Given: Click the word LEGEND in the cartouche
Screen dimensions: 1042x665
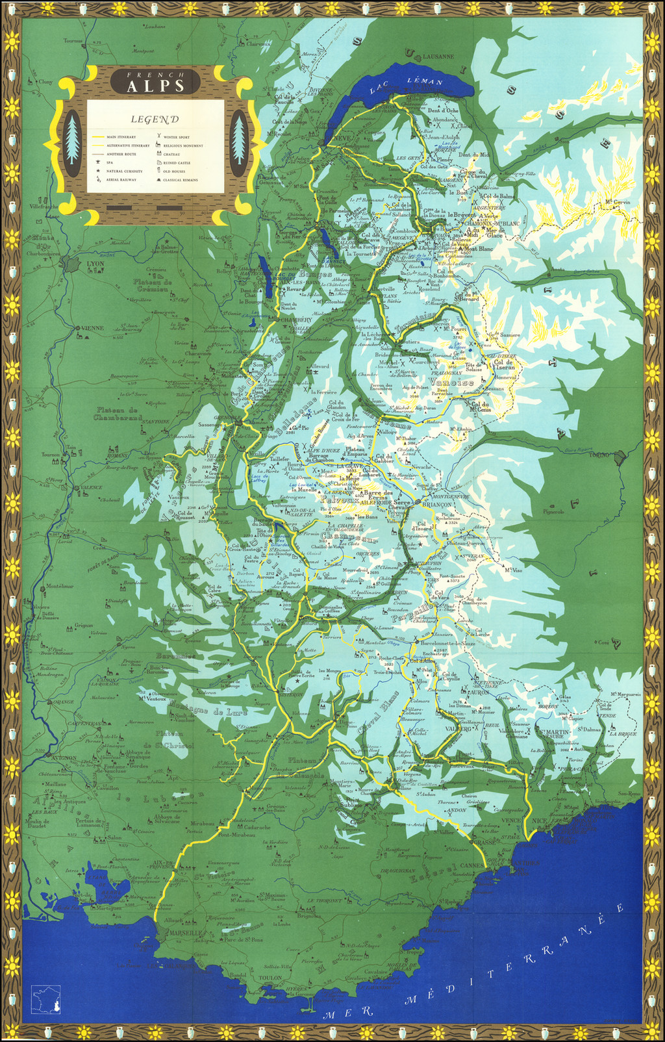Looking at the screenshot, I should coord(155,120).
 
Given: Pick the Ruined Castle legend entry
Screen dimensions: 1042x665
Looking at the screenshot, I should coord(176,162).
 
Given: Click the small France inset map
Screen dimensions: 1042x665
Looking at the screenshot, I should coord(46,999).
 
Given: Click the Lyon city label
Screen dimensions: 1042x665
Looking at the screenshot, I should coord(95,264).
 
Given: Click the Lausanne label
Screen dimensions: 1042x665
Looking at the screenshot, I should coord(438,57).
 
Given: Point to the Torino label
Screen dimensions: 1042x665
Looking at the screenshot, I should coord(599,455).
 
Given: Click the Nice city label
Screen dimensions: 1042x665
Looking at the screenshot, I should coord(540,820).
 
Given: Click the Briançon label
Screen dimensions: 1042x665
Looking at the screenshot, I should coord(436,504).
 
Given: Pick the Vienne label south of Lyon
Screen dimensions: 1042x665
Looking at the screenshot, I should coord(92,328).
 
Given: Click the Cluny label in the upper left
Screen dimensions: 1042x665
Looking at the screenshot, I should coord(45,82).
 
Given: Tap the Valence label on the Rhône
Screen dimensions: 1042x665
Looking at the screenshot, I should coord(90,487).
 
